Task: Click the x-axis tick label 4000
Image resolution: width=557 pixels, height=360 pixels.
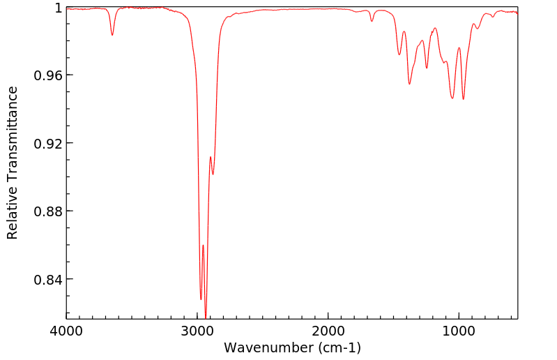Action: coord(67,331)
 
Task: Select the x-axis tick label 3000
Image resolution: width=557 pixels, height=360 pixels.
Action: coord(197,331)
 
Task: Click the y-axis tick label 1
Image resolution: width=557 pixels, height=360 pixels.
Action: coord(59,8)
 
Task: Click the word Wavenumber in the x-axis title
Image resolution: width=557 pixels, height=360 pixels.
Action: coord(267,347)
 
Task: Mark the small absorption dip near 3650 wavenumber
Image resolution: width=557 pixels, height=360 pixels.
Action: coord(112,35)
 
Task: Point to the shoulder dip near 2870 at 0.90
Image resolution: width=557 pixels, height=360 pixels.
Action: coord(213,174)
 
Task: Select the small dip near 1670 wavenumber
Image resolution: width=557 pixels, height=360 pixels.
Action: coord(372,21)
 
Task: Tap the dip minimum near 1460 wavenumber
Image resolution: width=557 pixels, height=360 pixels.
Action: coord(399,54)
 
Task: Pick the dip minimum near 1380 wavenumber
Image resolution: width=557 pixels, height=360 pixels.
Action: coord(410,84)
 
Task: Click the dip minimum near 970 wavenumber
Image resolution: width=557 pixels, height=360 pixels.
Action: coord(463,99)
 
